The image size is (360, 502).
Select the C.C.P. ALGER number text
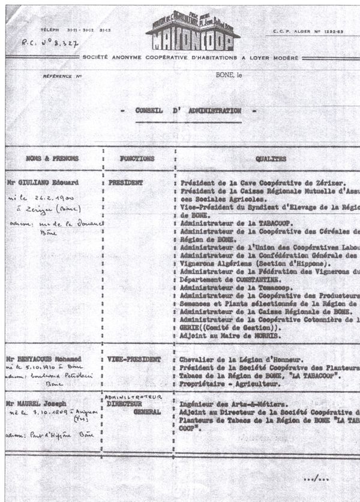[308, 31]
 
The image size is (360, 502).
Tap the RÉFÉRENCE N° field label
[62, 77]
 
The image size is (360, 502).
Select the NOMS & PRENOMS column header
[52, 159]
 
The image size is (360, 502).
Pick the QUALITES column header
[271, 160]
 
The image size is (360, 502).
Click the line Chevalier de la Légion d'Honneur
[231, 359]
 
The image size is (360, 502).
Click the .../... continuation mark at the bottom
[316, 478]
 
